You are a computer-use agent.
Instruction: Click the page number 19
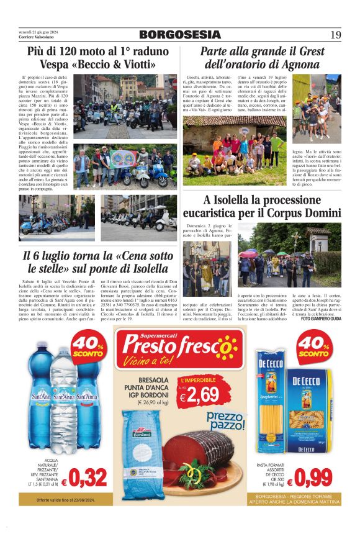point(335,35)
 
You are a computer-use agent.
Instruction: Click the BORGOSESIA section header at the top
point(179,35)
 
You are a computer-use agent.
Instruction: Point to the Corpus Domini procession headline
point(271,207)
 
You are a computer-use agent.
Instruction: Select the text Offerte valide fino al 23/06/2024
point(65,500)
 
